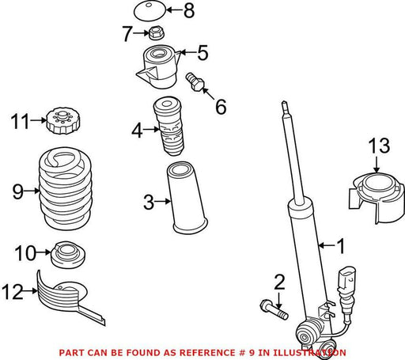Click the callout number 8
click(189, 10)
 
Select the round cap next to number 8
click(150, 11)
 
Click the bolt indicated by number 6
click(195, 81)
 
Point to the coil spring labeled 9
click(66, 188)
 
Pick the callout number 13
click(379, 146)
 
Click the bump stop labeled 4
click(168, 127)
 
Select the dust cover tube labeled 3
click(186, 198)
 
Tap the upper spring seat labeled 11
click(63, 121)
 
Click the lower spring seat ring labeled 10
click(68, 255)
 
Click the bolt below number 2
click(274, 310)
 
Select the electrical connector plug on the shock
click(347, 283)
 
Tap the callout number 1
click(341, 246)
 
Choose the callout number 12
click(13, 291)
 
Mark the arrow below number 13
click(377, 165)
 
